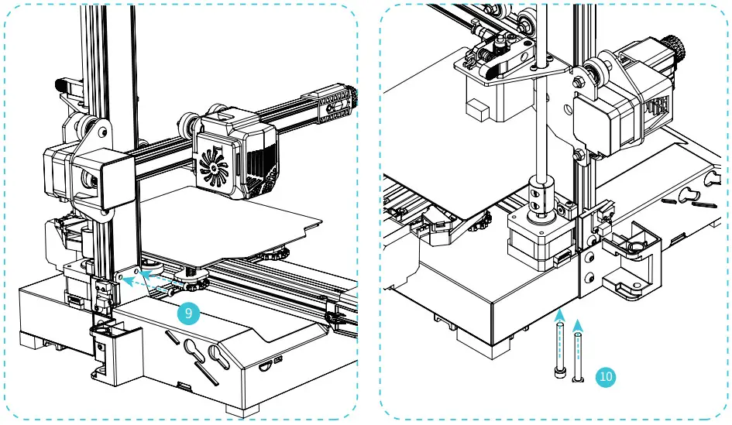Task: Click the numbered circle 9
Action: pyautogui.click(x=189, y=313)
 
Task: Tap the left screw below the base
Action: pyautogui.click(x=559, y=352)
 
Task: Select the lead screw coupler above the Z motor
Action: pyautogui.click(x=536, y=194)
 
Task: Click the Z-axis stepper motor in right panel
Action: pyautogui.click(x=540, y=241)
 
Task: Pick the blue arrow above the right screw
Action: pyautogui.click(x=578, y=317)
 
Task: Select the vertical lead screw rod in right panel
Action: pyautogui.click(x=537, y=116)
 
